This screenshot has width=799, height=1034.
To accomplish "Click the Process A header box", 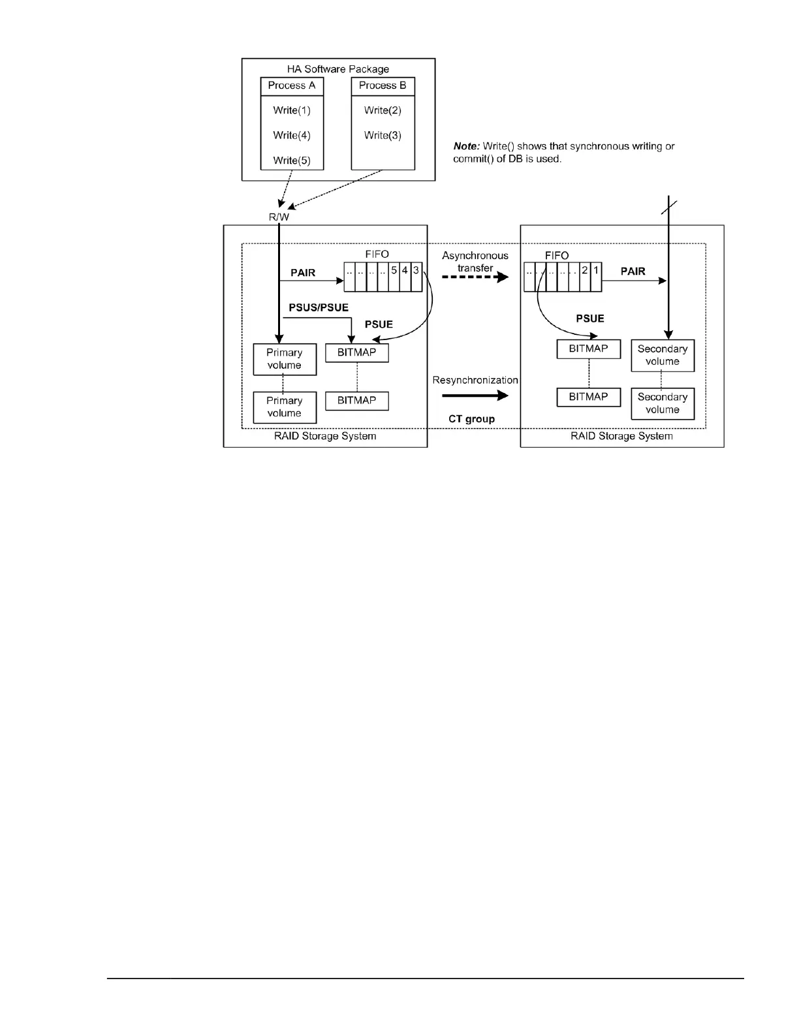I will point(292,86).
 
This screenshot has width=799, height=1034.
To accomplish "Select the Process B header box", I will point(383,86).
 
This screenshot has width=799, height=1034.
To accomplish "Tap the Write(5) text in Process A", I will point(292,161).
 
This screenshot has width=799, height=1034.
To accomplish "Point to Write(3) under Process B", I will point(383,136).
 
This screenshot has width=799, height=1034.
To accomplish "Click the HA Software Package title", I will point(338,69).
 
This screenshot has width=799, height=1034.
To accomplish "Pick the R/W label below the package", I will point(279,217).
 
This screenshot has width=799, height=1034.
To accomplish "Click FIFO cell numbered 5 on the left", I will point(394,270).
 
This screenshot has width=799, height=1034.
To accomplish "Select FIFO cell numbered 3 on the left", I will point(416,270).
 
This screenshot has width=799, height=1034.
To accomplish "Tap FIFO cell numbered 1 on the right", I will point(596,270).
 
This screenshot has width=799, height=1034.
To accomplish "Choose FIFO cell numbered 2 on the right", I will point(585,270).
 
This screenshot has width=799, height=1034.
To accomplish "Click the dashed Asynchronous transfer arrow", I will point(475,277).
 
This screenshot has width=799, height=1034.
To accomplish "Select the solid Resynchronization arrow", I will point(475,395).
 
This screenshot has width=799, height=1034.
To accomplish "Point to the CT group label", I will point(471,419).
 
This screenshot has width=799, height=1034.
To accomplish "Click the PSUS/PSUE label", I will point(319,307).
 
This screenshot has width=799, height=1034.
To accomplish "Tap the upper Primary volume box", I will point(285,359).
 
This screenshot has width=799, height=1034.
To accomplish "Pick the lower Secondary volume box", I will point(663,403).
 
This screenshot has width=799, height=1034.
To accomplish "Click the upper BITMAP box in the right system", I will point(588,349).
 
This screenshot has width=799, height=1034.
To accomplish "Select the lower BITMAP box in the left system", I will point(356,401).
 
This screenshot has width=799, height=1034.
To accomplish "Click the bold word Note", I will point(467,146).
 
